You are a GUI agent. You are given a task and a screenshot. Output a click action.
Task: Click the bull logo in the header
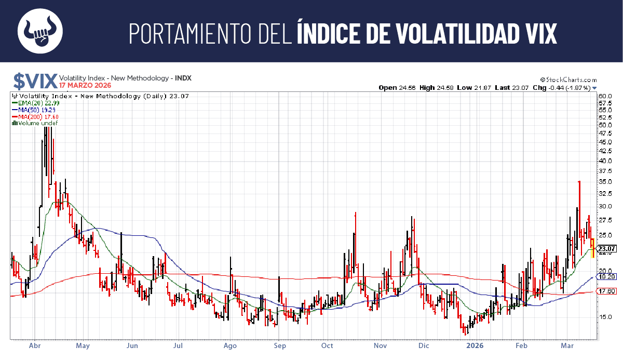(x=40, y=31)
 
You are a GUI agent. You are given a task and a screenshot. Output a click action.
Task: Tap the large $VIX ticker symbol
(x=35, y=81)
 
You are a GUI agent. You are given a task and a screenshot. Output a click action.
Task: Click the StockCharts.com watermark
(x=568, y=80)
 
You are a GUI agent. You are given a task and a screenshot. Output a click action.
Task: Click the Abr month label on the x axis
(x=35, y=345)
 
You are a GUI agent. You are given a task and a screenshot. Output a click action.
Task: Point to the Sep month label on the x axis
(x=279, y=345)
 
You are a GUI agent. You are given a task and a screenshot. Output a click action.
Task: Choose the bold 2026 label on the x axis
(x=476, y=345)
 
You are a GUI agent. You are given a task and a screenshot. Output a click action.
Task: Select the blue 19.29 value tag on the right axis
(x=606, y=277)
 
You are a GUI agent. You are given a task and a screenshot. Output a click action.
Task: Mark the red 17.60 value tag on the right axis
(x=606, y=291)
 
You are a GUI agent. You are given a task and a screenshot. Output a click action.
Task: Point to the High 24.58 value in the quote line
(x=436, y=88)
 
